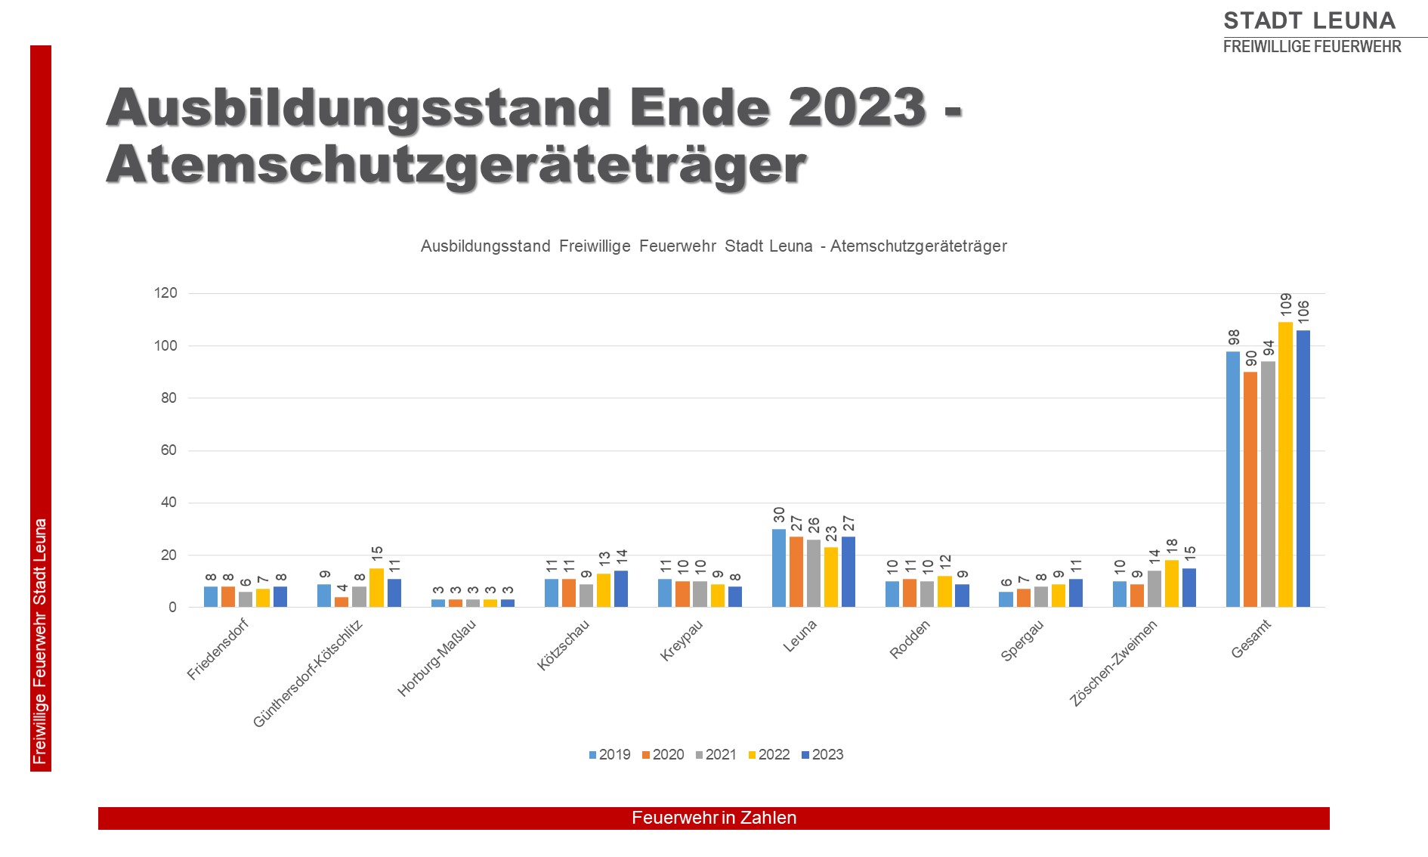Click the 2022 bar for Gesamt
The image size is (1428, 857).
click(1285, 465)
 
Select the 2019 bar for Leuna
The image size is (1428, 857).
click(779, 568)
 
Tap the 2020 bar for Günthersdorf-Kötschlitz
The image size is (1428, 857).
click(342, 602)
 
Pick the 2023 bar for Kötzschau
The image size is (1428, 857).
click(621, 589)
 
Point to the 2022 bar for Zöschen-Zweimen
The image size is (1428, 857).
click(1171, 583)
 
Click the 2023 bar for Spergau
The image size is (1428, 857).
click(1076, 593)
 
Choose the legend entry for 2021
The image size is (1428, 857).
click(716, 755)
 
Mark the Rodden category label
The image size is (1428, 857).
click(910, 639)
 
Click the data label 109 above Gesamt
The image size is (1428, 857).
click(1286, 307)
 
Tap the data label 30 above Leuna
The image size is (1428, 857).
click(779, 515)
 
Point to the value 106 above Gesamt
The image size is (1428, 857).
click(1303, 314)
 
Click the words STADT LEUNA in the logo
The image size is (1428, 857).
click(1309, 20)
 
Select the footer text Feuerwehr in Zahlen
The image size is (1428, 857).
click(714, 818)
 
